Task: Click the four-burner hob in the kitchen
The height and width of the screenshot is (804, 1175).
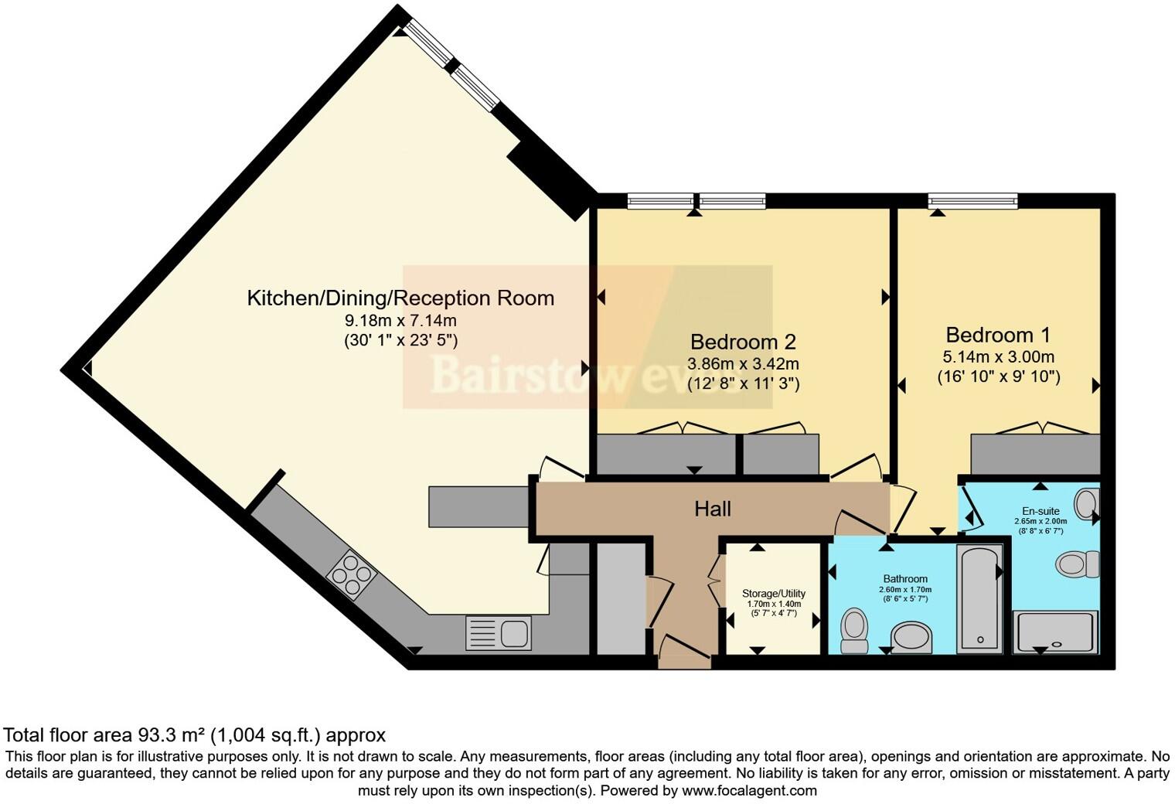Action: (352, 575)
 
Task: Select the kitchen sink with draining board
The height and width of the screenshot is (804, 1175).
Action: (499, 633)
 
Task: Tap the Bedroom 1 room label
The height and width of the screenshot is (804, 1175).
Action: (998, 335)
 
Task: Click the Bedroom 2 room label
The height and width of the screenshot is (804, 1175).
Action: (743, 342)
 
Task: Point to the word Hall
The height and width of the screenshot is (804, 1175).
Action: (712, 509)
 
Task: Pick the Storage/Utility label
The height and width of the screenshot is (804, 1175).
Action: (774, 594)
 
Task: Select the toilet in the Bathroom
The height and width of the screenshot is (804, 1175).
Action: (854, 630)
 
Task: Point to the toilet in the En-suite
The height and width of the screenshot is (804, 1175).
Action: (1078, 563)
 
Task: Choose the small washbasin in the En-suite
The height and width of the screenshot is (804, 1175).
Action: (1088, 503)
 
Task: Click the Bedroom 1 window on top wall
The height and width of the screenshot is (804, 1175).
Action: (972, 201)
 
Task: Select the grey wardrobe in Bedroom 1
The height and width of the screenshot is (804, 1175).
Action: (1035, 455)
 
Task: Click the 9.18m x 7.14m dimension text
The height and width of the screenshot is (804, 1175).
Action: (400, 320)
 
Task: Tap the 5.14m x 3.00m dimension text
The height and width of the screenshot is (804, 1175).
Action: (998, 356)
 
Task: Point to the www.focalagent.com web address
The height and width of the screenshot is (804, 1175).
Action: (748, 791)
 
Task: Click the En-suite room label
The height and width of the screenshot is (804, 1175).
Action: (1040, 511)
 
